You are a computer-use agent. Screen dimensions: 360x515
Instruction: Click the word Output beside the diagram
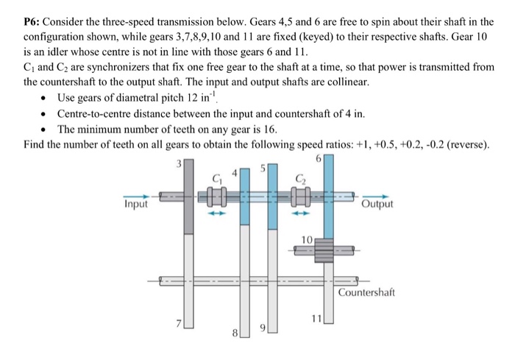point(377,204)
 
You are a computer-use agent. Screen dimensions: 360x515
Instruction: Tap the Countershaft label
point(366,292)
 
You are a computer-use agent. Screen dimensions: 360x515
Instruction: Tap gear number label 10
point(308,239)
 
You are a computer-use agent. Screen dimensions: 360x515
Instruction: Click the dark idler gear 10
point(324,250)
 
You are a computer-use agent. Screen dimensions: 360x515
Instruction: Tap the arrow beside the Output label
point(375,196)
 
